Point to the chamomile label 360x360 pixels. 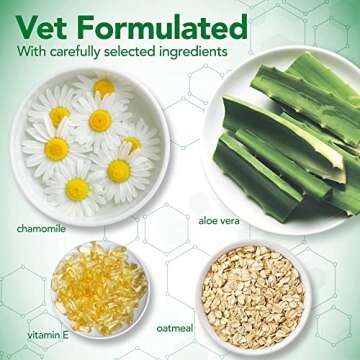coord(41,228)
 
